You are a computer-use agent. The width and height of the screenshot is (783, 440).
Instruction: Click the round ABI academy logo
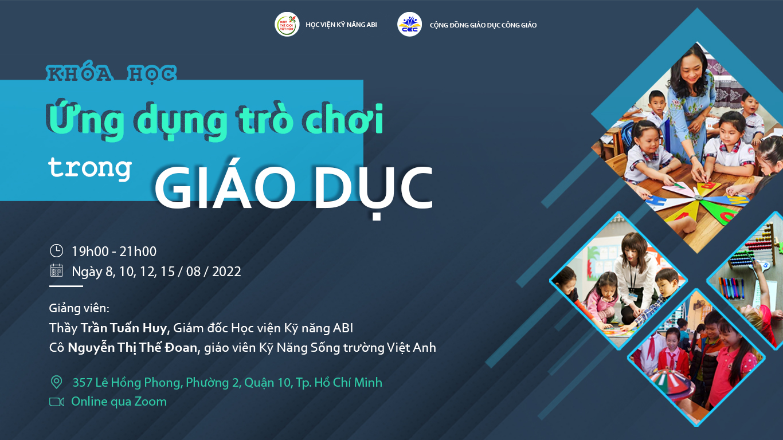pos(287,25)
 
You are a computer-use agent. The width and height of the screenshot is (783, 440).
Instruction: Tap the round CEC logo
pos(409,25)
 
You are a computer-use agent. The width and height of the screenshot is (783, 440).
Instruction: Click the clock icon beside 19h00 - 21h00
pos(56,250)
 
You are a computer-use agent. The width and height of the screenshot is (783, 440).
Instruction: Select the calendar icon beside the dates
pos(56,270)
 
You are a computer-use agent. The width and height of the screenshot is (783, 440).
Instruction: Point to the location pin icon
pos(56,382)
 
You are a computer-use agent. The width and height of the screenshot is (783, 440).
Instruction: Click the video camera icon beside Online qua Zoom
pos(57,402)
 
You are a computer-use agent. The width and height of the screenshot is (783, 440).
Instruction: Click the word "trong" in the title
pos(90,168)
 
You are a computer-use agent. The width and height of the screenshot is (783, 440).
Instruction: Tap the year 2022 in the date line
pos(226,272)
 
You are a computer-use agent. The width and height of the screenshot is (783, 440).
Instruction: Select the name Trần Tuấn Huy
pos(124,328)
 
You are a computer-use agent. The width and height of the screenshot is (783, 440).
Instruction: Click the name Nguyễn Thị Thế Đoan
pos(132,348)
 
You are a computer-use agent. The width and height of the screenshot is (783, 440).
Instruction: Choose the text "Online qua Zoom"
pos(119,402)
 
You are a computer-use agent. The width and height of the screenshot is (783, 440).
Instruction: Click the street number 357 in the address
pos(82,382)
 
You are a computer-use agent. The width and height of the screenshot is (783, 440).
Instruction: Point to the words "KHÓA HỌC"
pos(111,74)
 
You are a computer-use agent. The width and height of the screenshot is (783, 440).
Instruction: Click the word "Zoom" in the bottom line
pos(151,402)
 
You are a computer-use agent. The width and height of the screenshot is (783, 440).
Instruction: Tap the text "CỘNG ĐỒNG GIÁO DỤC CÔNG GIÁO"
pos(483,25)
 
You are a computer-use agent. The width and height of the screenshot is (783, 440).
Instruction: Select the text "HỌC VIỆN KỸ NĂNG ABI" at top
pos(341,25)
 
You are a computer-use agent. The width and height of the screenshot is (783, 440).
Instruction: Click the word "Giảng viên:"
pos(79,308)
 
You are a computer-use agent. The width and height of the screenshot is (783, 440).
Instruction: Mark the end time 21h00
pos(138,252)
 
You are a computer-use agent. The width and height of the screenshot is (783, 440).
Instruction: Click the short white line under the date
pos(66,286)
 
